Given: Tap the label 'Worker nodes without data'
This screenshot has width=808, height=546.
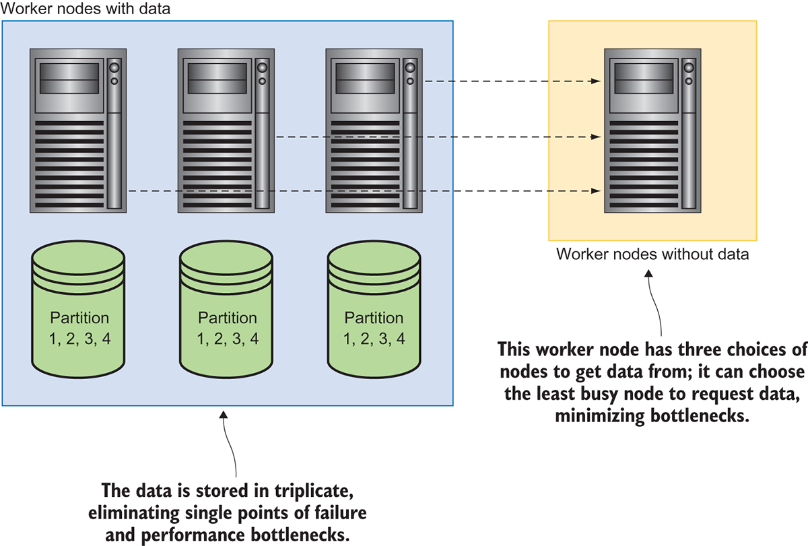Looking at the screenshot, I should pyautogui.click(x=652, y=254).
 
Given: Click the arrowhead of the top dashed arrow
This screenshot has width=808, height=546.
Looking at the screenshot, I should pyautogui.click(x=597, y=81).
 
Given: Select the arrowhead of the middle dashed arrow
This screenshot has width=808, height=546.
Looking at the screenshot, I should pyautogui.click(x=597, y=137).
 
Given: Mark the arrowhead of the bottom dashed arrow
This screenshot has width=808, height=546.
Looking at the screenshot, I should pyautogui.click(x=597, y=192).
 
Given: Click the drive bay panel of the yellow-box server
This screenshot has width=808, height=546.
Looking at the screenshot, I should pyautogui.click(x=642, y=76).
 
